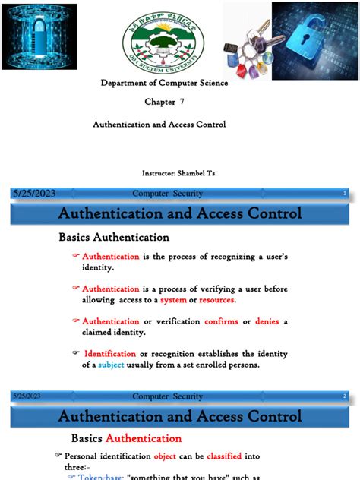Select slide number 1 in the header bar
pyautogui.click(x=345, y=194)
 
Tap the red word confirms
pyautogui.click(x=222, y=321)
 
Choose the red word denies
pyautogui.click(x=267, y=321)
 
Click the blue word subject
pyautogui.click(x=116, y=365)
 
